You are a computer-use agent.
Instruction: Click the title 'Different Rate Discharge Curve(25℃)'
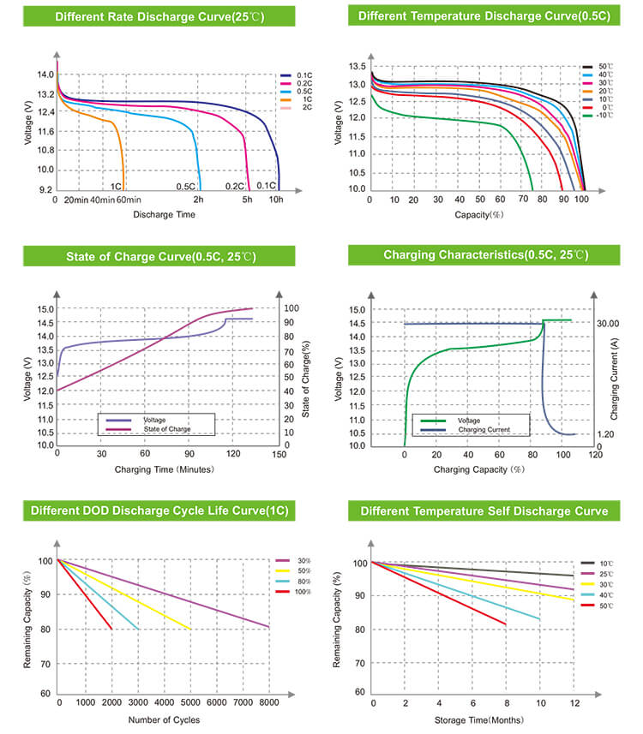tap(159, 16)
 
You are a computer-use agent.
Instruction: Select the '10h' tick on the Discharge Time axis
tap(276, 200)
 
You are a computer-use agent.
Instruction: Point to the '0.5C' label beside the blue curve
tap(186, 186)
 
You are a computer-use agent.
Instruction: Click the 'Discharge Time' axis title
tap(159, 214)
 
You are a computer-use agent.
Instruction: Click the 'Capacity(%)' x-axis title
tap(478, 214)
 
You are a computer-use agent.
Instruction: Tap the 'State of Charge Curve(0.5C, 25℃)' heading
tap(160, 256)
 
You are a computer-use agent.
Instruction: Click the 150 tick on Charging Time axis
tap(279, 455)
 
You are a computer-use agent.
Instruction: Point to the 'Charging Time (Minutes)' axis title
tap(164, 469)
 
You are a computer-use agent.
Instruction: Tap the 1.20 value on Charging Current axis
tap(605, 435)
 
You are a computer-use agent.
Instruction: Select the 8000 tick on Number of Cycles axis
tap(269, 702)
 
